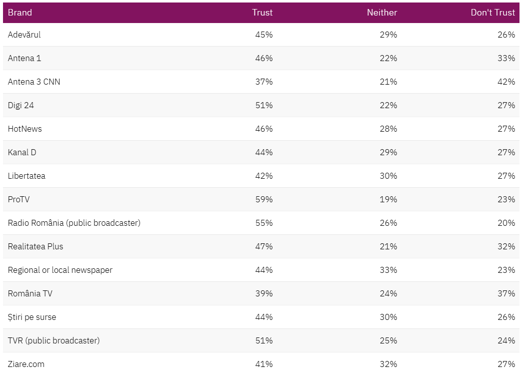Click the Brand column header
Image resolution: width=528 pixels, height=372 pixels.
(x=20, y=13)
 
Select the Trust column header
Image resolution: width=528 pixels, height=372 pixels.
(x=262, y=13)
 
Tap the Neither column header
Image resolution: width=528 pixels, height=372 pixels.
(x=382, y=13)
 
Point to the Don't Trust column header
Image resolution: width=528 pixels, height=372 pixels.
(x=492, y=13)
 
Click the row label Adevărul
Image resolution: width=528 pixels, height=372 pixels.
(x=24, y=35)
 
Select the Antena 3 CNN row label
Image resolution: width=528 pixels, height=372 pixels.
(x=34, y=82)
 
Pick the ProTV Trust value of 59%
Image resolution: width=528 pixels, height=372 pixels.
(x=264, y=199)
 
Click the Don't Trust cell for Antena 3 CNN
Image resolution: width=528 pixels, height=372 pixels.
(x=506, y=82)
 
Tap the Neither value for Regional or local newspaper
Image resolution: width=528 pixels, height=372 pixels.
(x=388, y=270)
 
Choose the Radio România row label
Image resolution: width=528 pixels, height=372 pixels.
(x=74, y=223)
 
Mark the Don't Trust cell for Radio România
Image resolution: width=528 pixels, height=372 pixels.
(x=506, y=223)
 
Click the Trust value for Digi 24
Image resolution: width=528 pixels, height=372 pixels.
(x=264, y=105)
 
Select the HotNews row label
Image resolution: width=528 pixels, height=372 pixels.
(x=25, y=129)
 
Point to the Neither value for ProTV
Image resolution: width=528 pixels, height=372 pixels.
(x=388, y=199)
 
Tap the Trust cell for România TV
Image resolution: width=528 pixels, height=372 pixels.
(x=264, y=293)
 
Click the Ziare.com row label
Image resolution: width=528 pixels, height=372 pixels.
(x=26, y=364)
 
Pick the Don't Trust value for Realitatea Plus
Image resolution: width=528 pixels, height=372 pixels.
(x=506, y=246)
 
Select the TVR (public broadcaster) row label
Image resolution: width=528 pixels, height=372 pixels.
(x=54, y=340)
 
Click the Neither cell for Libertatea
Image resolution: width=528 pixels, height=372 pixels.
(x=388, y=176)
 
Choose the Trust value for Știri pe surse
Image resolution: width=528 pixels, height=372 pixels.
(x=264, y=317)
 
